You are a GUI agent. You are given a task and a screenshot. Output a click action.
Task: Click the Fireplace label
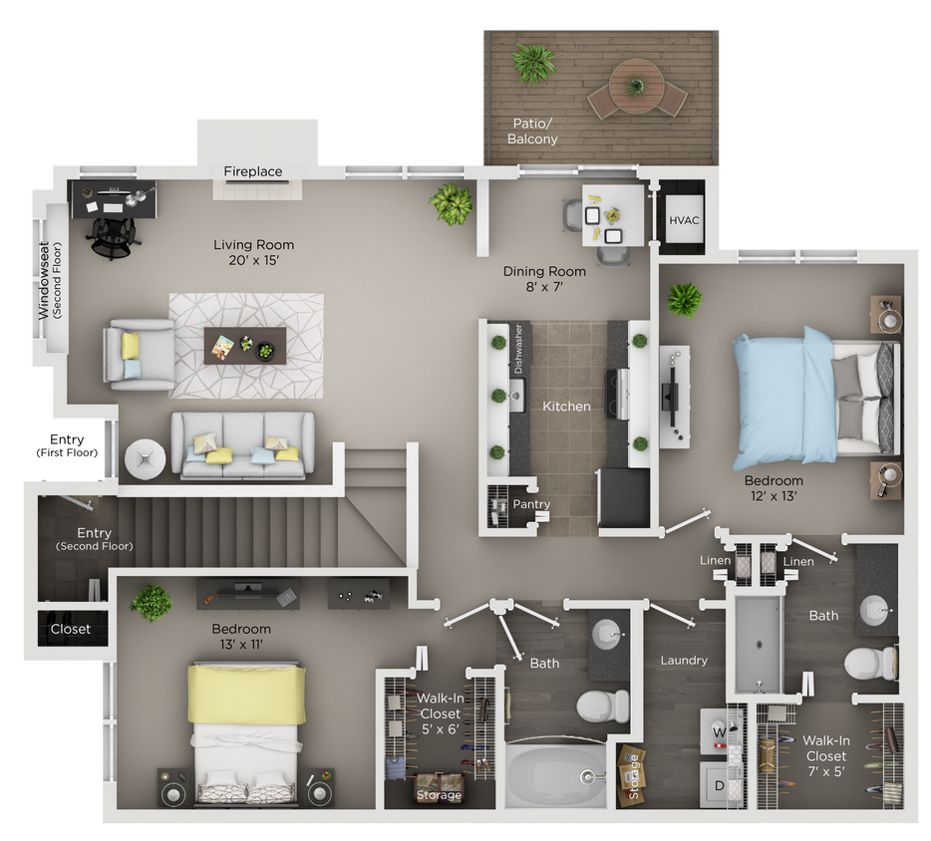(x=252, y=171)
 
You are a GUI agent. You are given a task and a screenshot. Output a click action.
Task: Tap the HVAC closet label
(x=684, y=220)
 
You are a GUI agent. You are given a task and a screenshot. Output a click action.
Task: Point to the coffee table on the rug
(x=244, y=346)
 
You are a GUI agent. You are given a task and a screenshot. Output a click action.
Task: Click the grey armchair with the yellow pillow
(x=137, y=355)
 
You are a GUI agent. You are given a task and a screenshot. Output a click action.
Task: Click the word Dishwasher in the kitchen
(x=518, y=350)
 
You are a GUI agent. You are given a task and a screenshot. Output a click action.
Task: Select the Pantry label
(x=531, y=504)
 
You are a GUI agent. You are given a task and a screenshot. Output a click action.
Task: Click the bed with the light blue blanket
(x=812, y=399)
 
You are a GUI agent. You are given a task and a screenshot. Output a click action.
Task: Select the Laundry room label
(x=684, y=660)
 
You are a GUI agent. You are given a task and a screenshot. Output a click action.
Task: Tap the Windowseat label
(x=49, y=280)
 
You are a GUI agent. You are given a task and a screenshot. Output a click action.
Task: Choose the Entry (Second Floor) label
(x=94, y=539)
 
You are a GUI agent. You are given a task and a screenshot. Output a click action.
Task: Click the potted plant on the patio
(x=533, y=64)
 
